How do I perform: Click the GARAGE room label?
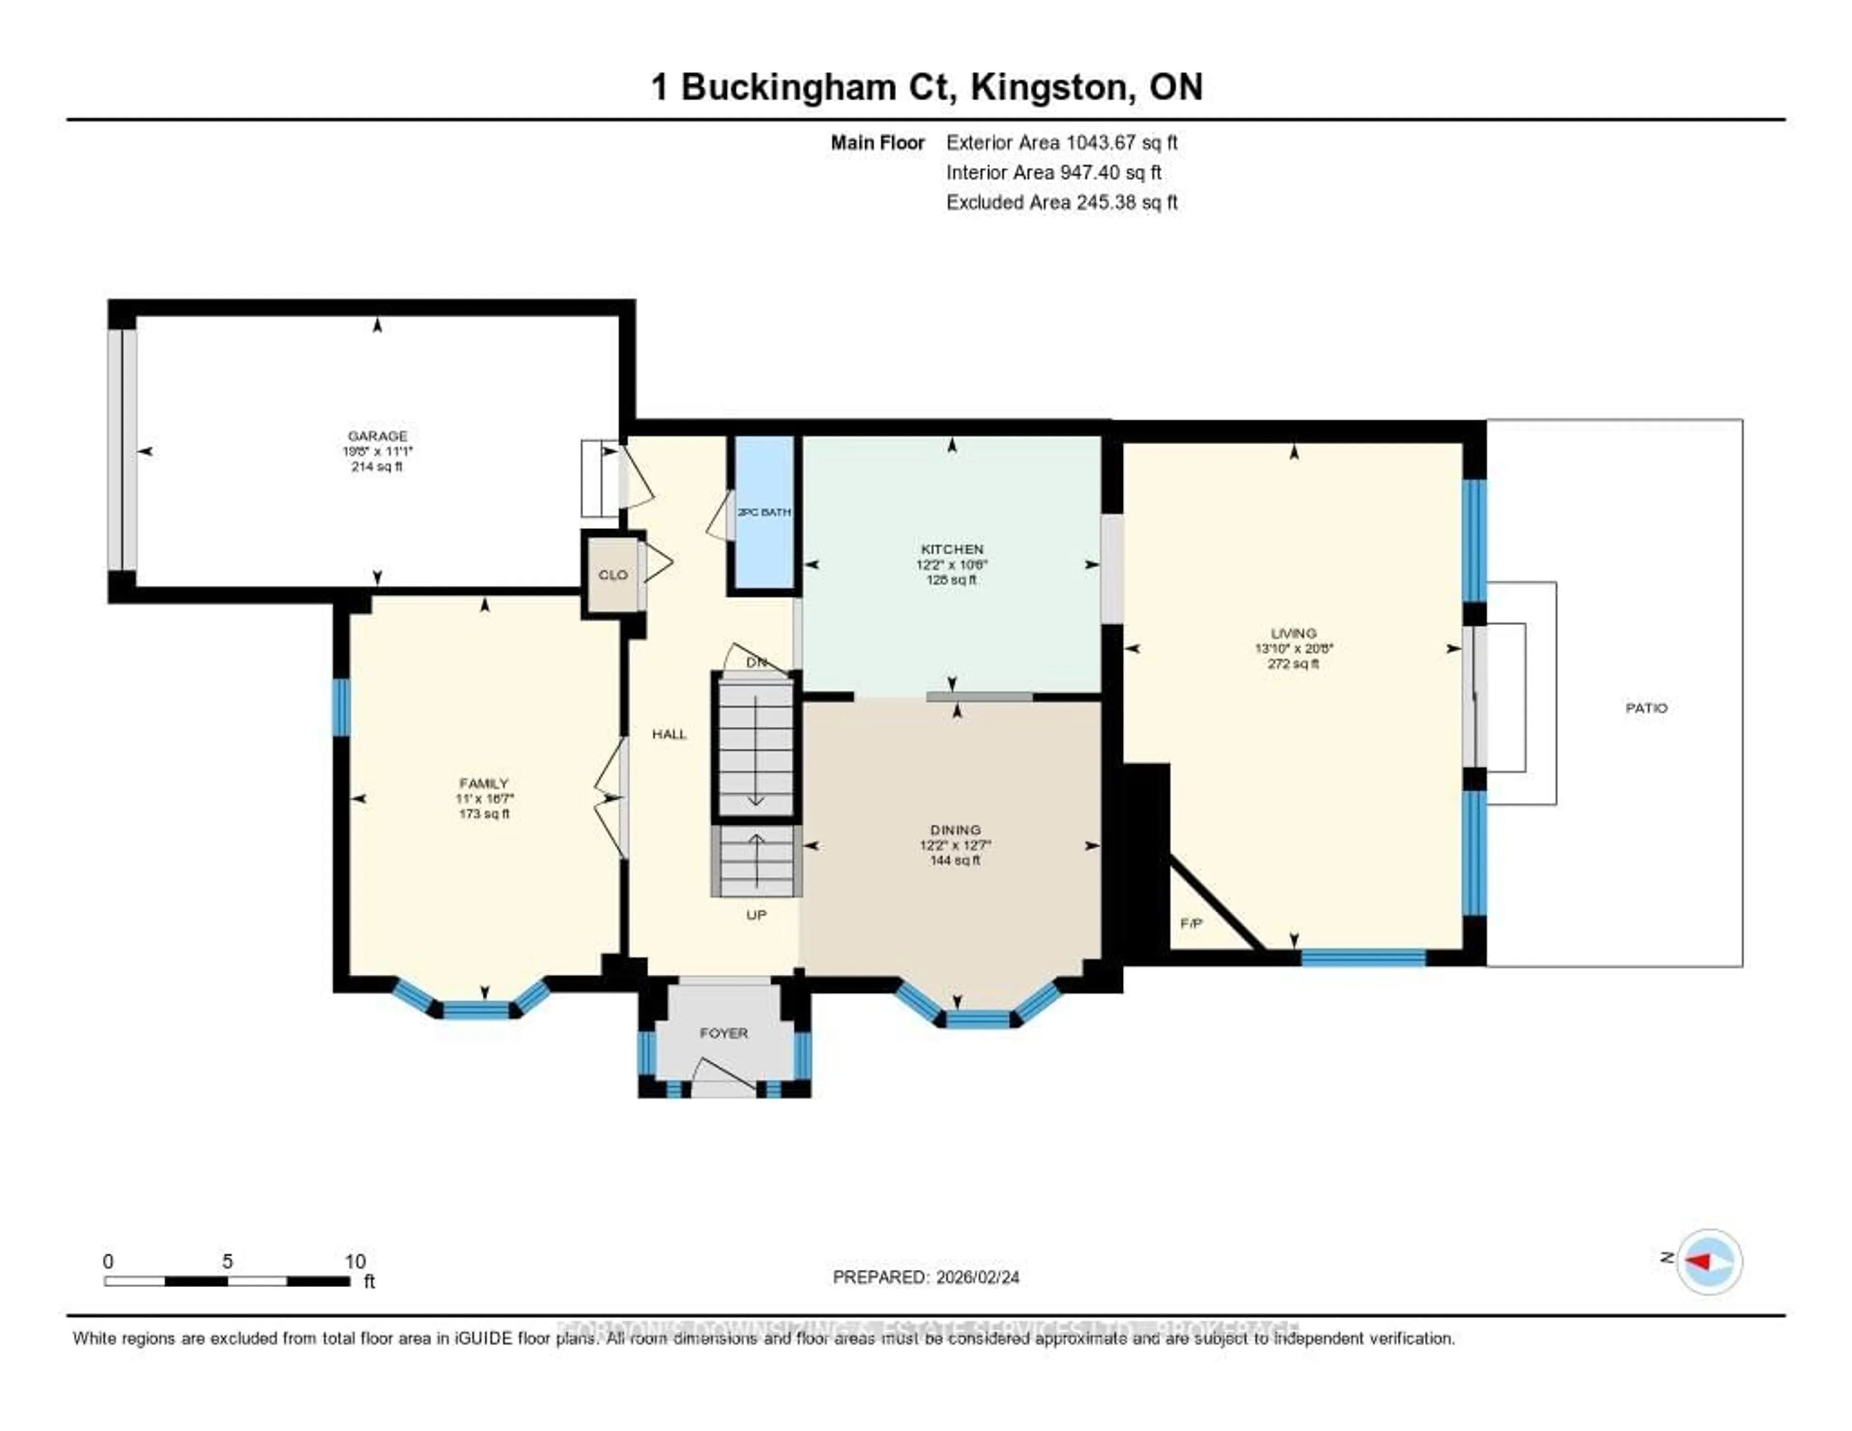point(377,436)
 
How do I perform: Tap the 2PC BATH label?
point(764,512)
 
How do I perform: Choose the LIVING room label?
point(1293,633)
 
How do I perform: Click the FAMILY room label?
point(483,783)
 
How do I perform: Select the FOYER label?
point(723,1033)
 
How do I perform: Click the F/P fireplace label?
point(1191,923)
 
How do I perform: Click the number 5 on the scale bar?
point(227,1261)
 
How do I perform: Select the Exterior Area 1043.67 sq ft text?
point(1062,142)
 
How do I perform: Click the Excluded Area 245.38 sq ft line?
point(1062,202)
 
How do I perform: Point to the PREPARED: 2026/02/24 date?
point(926,1278)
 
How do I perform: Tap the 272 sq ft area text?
point(1293,664)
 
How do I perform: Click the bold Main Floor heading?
point(877,142)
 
